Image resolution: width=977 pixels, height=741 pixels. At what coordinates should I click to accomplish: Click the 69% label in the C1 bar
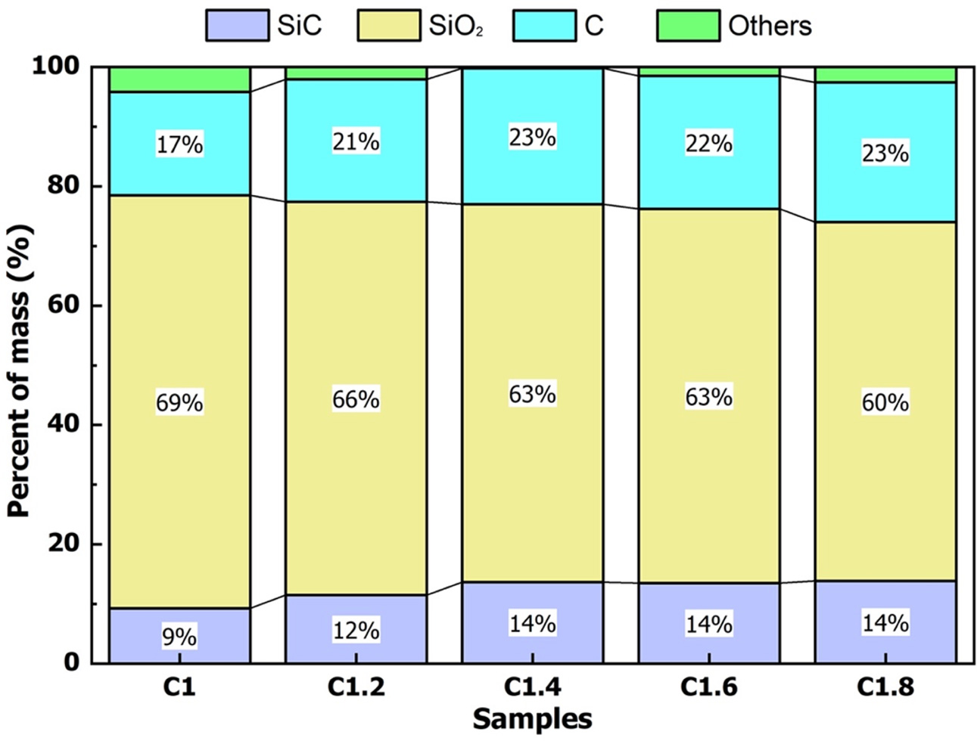179,403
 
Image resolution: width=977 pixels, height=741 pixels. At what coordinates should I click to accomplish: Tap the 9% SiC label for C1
179,637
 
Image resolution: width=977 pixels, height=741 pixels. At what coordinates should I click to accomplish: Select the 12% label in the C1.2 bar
356,630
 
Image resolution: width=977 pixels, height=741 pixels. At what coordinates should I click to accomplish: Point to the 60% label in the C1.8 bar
885,402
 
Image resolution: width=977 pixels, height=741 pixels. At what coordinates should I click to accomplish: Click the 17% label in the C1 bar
179,144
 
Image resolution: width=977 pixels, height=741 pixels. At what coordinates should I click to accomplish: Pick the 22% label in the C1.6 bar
708,143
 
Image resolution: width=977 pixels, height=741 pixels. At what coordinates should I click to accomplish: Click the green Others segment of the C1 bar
179,79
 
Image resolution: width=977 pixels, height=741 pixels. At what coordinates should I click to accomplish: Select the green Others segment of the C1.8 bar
885,74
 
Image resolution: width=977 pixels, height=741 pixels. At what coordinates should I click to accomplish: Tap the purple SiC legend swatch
237,26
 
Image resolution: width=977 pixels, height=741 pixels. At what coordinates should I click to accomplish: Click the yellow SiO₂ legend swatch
388,26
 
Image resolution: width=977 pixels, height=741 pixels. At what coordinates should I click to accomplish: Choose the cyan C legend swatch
543,26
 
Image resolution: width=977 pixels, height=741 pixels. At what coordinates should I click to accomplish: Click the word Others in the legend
770,26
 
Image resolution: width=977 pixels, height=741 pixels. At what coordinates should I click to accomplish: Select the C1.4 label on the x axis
532,687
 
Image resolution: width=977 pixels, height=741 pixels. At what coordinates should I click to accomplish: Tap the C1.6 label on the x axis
708,687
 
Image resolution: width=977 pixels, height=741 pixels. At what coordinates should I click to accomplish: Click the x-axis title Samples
532,718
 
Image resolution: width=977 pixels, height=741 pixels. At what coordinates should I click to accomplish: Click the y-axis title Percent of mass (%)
20,370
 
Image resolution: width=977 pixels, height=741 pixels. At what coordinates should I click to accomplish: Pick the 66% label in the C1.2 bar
356,398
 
